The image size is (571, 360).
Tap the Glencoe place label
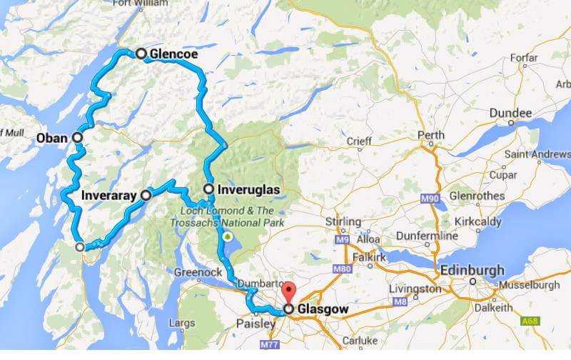point(174,54)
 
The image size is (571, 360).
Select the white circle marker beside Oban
point(76,137)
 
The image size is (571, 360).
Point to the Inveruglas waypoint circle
point(208,189)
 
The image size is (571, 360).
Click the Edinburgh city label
point(472,271)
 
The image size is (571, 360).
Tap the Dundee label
point(510,114)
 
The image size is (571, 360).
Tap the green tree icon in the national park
point(228,236)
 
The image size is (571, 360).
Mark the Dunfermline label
point(429,235)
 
